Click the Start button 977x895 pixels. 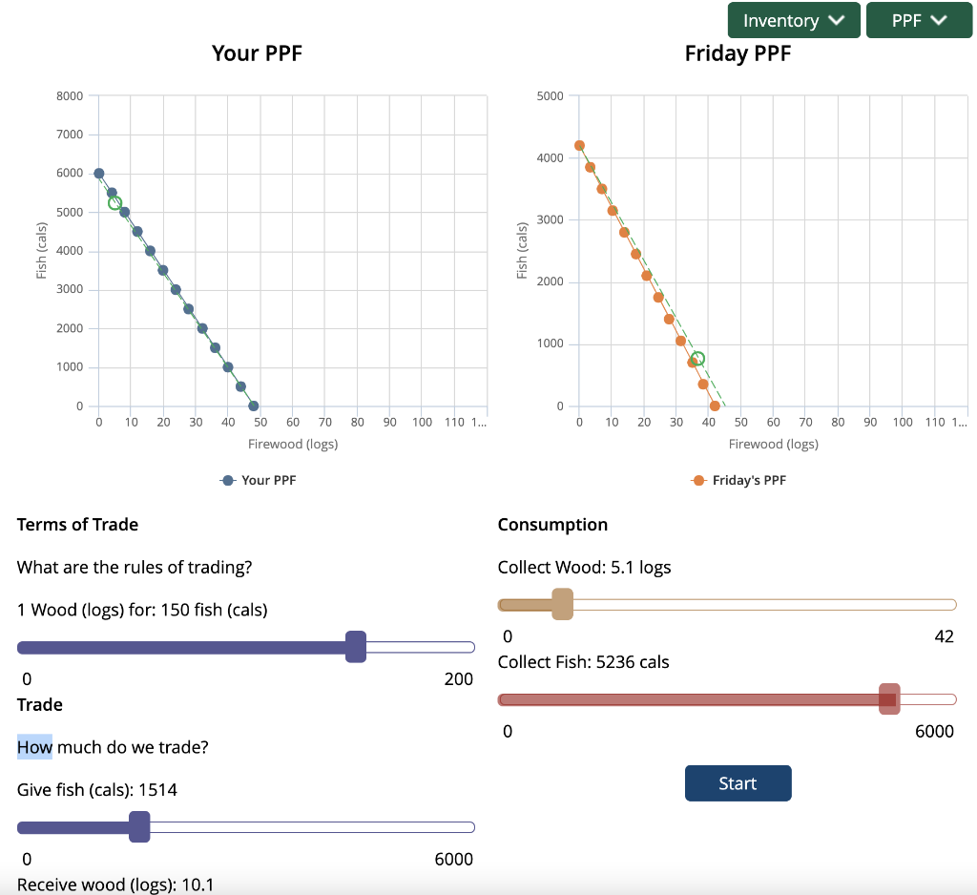coord(738,783)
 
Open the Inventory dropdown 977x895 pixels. coord(794,20)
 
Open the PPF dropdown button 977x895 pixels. coord(919,20)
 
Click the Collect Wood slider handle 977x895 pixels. coord(562,604)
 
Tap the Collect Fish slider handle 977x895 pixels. coord(889,699)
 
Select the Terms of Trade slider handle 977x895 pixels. coord(356,647)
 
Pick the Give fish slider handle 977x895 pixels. coord(139,826)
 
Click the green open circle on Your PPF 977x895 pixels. coord(115,202)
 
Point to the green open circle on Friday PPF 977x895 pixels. coord(697,359)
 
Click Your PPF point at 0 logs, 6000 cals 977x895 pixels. coord(98,174)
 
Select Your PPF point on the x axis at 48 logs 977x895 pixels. coord(254,406)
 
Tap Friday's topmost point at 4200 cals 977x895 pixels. coord(579,146)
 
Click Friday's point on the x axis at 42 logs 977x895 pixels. coord(715,406)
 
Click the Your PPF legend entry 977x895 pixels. coord(259,480)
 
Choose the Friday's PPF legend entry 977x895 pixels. coord(739,480)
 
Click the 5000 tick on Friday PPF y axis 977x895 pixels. coord(551,95)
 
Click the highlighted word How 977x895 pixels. coord(34,746)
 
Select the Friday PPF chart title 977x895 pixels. coord(738,53)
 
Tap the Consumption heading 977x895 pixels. coord(552,525)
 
